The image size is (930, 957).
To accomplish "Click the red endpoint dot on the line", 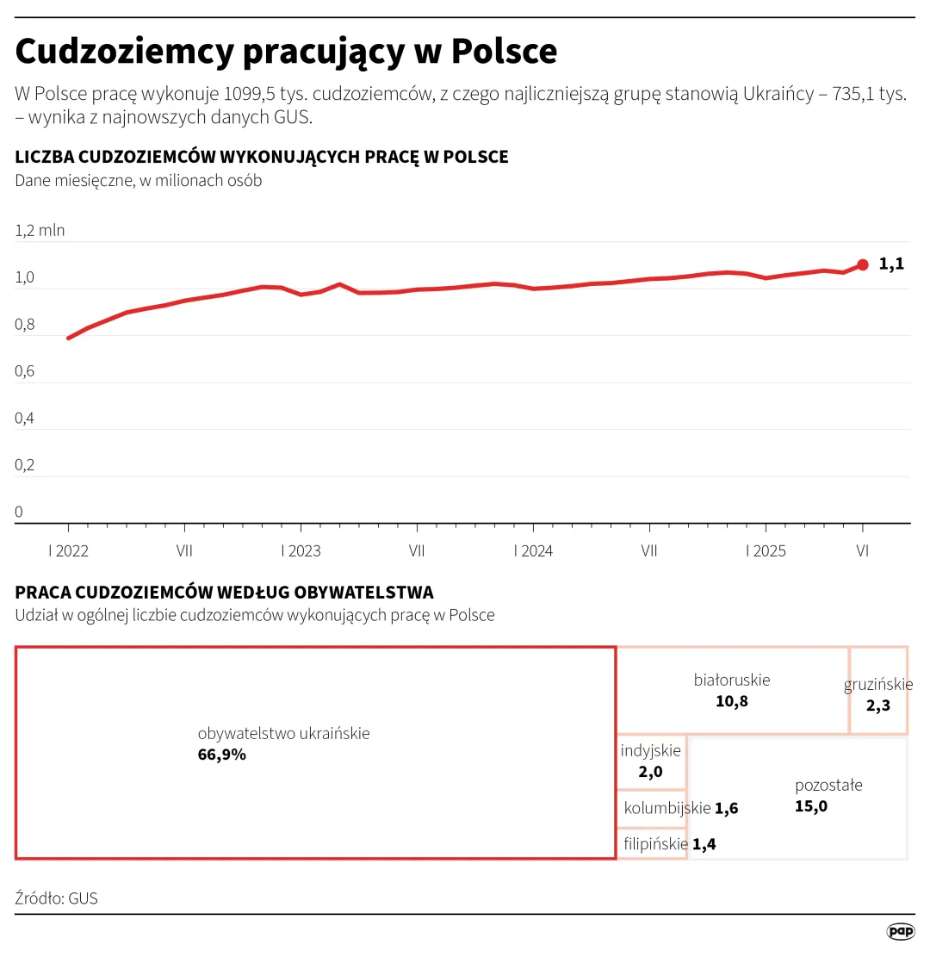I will pos(863,264).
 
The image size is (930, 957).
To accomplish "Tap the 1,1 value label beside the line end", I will pos(891,264).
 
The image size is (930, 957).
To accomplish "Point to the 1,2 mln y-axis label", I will pos(40,230).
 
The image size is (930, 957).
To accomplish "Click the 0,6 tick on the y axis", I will pos(26,371).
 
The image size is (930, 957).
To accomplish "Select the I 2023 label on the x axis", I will pos(301,551).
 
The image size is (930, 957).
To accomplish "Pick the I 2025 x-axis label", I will pos(766,551).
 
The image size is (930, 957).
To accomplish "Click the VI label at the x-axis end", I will pos(863,551).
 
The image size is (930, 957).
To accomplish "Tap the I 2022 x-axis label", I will pos(68,551).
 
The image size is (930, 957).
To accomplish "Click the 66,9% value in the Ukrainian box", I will pos(222,755).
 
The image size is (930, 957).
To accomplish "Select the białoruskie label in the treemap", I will pos(732,680).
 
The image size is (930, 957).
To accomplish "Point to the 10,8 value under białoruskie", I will pos(732,701).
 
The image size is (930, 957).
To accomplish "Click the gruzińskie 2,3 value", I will pos(878,705).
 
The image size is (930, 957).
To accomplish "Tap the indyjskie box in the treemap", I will pos(651,761).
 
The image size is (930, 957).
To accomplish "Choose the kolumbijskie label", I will pos(667,808).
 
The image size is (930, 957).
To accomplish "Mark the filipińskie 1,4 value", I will pos(704,844).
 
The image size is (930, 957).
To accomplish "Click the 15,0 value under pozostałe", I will pos(811,806).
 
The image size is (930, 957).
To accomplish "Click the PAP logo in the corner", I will pos(901,931).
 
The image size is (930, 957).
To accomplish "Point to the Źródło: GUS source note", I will pos(57,898).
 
